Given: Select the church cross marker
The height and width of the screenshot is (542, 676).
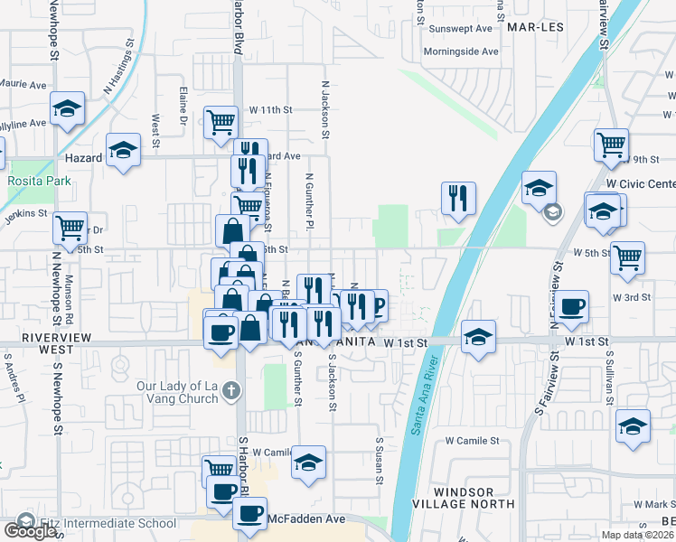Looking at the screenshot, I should (x=231, y=390).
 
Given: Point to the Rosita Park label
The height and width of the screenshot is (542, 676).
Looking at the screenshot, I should (x=39, y=181).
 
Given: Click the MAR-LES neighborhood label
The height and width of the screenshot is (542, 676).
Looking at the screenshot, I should (x=534, y=28).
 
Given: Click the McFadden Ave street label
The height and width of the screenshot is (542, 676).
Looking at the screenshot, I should (x=307, y=519).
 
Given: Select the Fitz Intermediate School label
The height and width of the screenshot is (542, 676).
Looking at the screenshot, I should (x=108, y=523).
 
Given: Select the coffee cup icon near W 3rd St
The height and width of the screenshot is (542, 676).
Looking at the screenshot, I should (x=570, y=307).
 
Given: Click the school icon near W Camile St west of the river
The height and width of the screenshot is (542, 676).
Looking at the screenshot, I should (x=308, y=463).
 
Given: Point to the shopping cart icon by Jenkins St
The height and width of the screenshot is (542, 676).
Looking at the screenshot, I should (x=70, y=228).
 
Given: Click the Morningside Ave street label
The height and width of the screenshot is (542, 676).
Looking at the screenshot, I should (x=464, y=51).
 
